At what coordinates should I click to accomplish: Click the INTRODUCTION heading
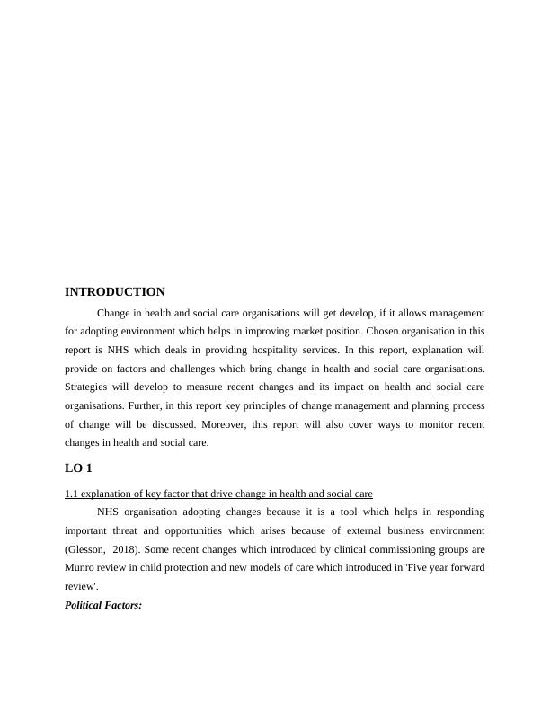pyautogui.click(x=115, y=292)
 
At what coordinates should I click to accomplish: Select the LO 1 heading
pyautogui.click(x=78, y=468)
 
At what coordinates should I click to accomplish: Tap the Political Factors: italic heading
pyautogui.click(x=103, y=606)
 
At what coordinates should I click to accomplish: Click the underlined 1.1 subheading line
pyautogui.click(x=218, y=494)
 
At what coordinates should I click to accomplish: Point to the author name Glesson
pyautogui.click(x=90, y=548)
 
